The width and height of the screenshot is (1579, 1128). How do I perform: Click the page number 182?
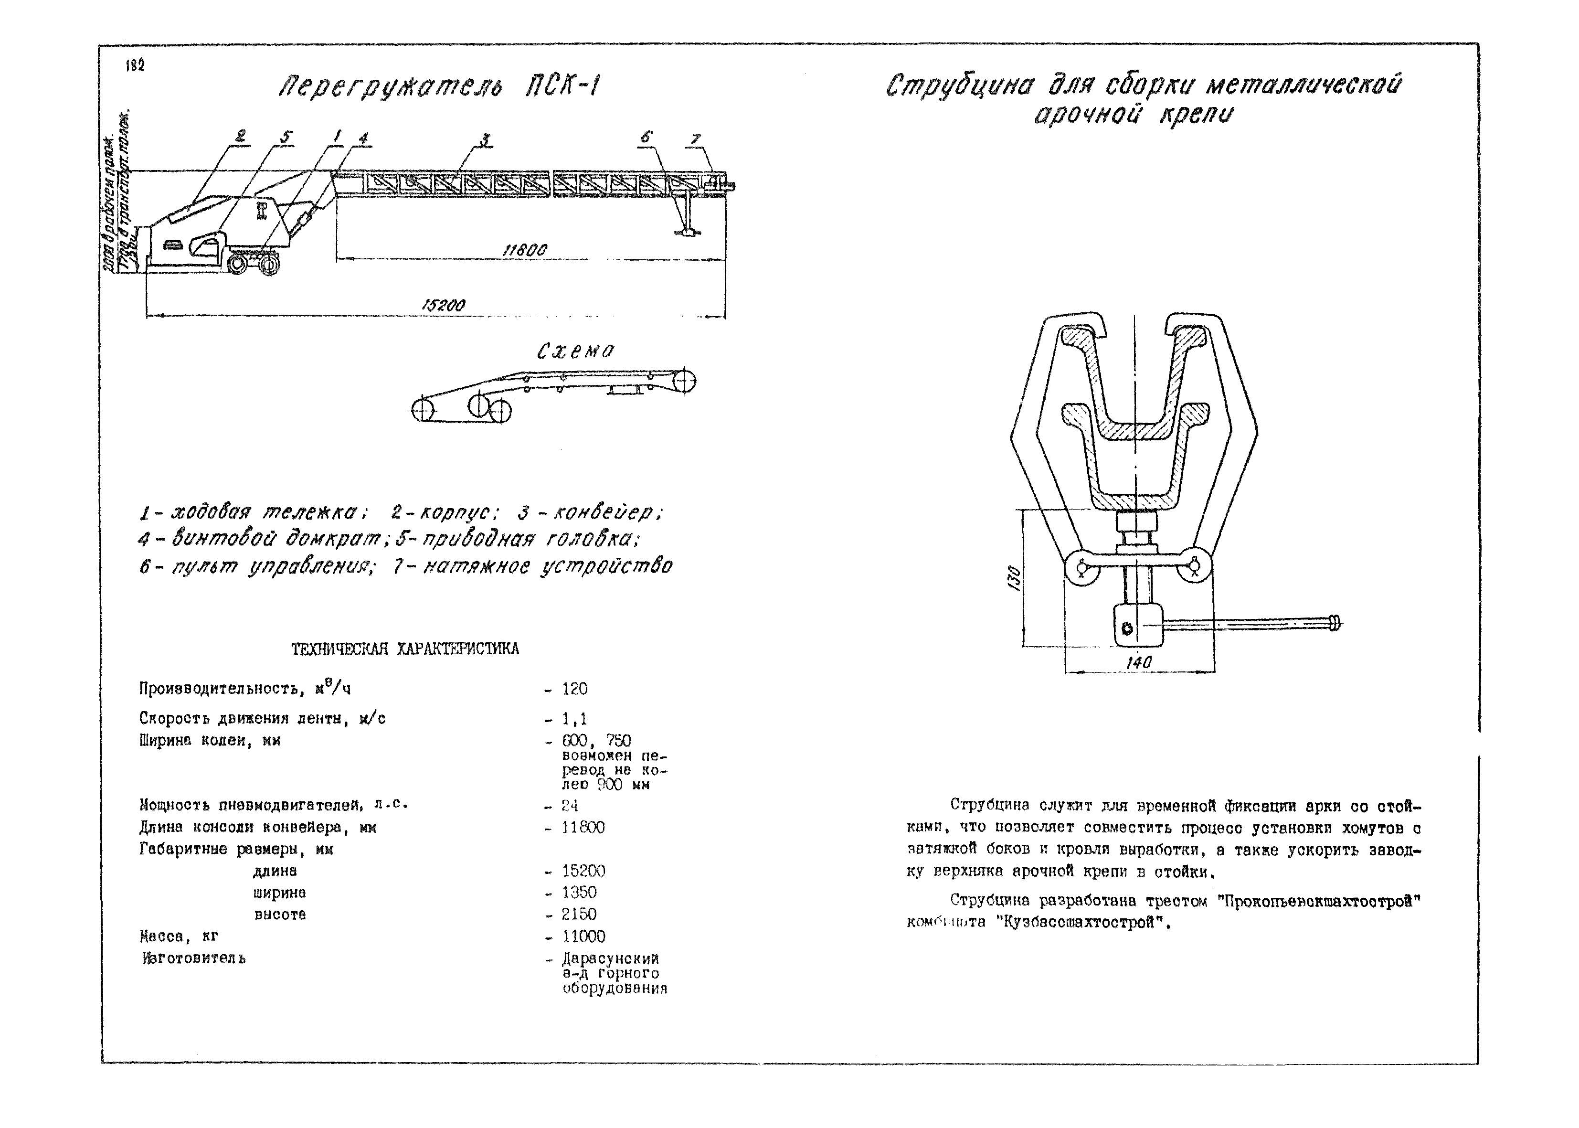[135, 66]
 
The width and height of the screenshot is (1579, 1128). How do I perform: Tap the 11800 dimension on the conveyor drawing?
[524, 250]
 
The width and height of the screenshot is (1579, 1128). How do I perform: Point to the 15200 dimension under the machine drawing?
[443, 305]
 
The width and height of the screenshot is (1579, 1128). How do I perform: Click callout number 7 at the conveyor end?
[695, 139]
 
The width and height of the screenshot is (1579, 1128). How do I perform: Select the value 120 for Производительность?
[574, 689]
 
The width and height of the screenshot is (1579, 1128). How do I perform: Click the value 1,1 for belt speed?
[574, 719]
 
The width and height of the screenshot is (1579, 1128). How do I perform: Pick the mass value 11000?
[583, 936]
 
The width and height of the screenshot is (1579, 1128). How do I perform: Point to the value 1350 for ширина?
[579, 893]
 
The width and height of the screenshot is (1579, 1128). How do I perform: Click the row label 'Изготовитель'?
[194, 958]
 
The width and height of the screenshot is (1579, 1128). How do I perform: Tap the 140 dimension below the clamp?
[1139, 663]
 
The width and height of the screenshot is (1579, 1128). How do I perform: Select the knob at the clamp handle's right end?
[1335, 623]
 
